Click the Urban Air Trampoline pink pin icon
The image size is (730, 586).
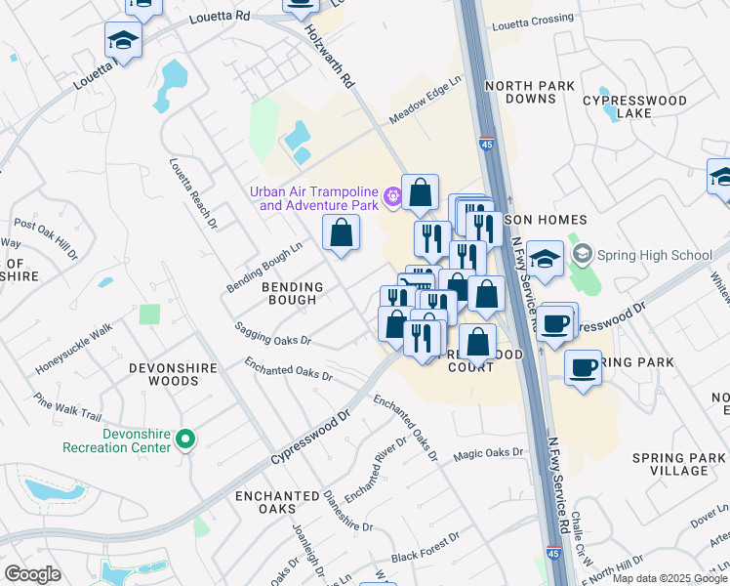(x=392, y=198)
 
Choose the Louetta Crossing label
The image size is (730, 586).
(x=532, y=20)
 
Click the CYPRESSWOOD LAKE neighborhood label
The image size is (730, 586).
(x=634, y=107)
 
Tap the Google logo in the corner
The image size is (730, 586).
(x=32, y=574)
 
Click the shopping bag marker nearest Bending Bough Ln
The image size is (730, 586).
(x=341, y=234)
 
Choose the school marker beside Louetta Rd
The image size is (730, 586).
(x=124, y=41)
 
